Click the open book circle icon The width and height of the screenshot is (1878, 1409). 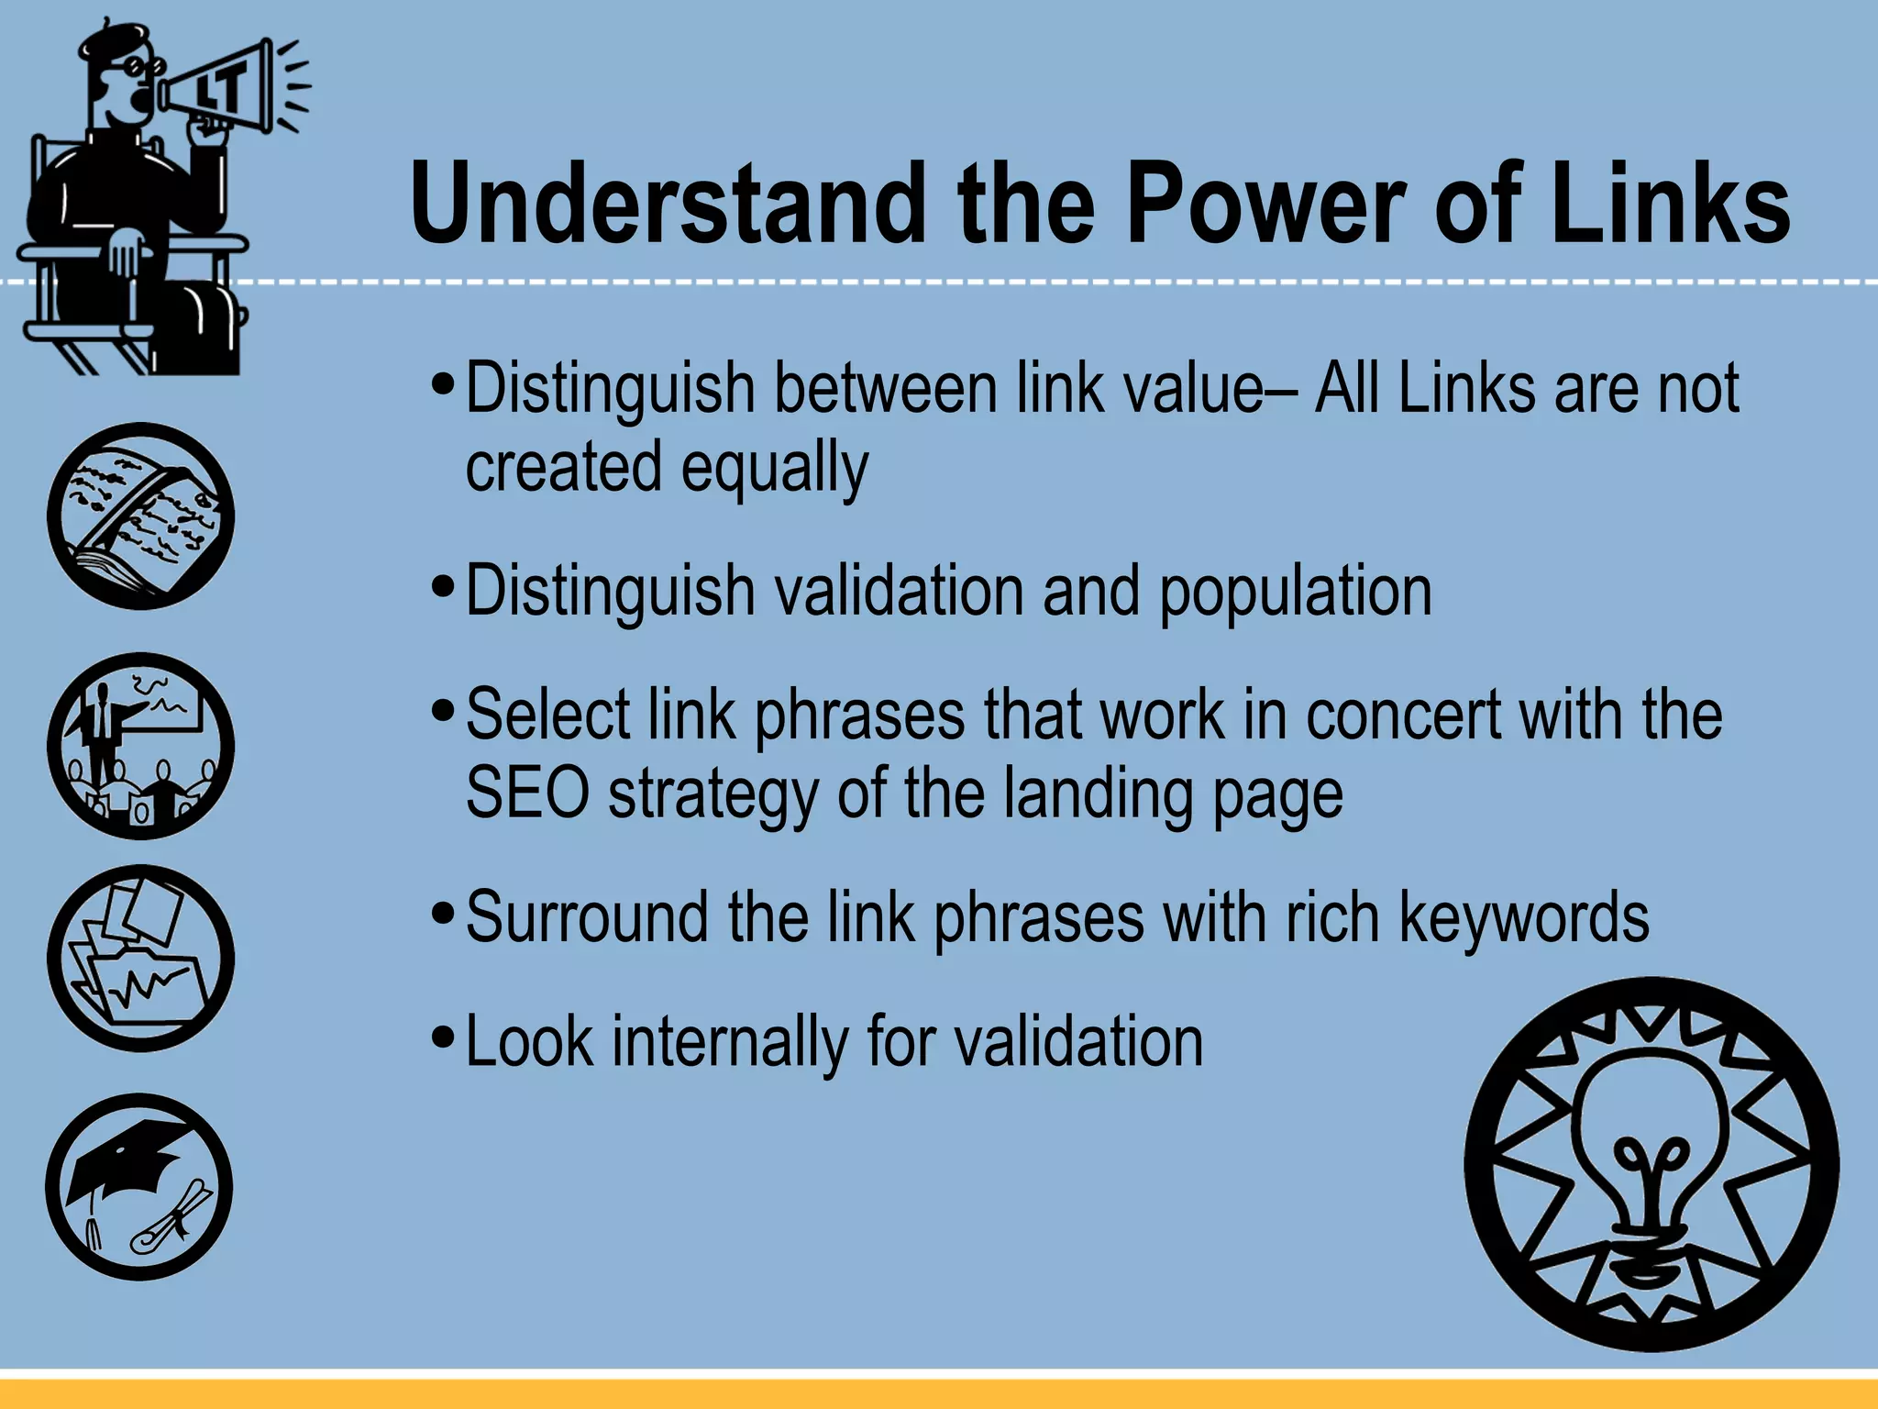(x=140, y=516)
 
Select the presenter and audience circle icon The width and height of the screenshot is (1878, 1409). (x=140, y=747)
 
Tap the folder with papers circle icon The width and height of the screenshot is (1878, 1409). (x=140, y=959)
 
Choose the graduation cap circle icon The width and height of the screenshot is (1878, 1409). (x=139, y=1187)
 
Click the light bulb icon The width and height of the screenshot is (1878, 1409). (x=1652, y=1164)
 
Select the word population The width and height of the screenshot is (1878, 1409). (x=1296, y=591)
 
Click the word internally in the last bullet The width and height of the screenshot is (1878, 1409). (x=730, y=1042)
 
